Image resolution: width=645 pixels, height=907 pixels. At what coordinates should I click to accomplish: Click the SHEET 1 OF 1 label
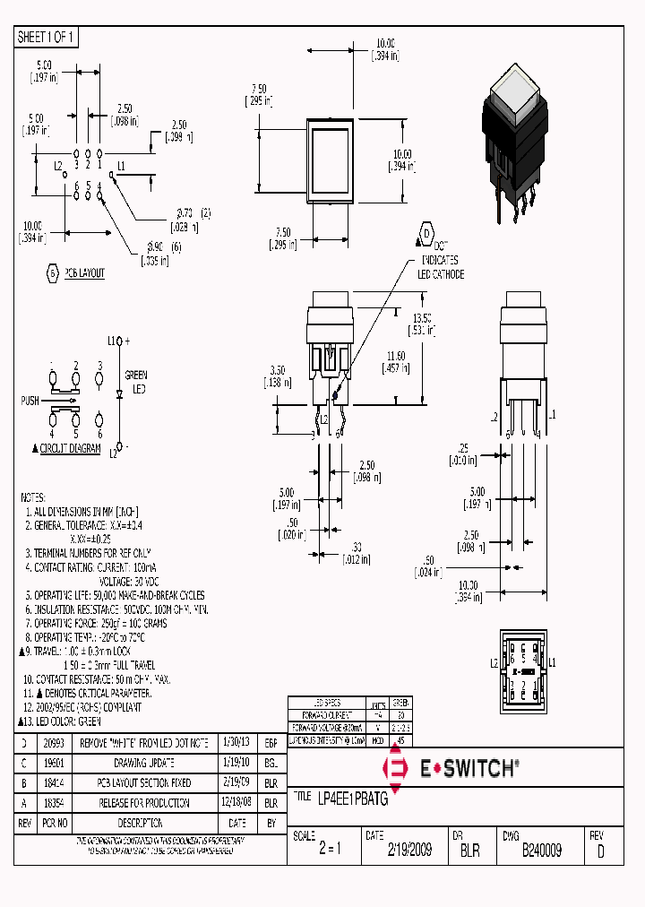coord(47,37)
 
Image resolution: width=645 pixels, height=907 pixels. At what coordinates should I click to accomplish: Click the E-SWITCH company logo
coord(452,768)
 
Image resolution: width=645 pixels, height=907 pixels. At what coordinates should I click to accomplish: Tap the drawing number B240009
coord(542,851)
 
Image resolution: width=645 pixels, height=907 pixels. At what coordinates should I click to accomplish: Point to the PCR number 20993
coord(53,743)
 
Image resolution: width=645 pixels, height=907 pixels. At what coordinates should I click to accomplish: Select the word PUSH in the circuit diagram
coord(30,401)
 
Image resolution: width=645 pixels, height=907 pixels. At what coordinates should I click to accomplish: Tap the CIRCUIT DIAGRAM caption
coord(70,449)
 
